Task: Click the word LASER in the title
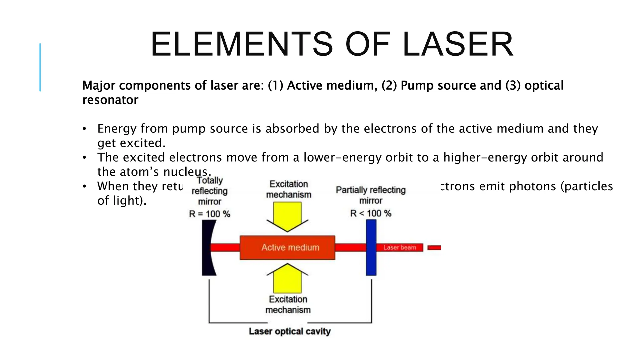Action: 458,44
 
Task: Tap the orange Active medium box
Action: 287,247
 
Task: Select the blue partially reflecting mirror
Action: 371,247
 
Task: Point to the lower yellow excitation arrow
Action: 287,278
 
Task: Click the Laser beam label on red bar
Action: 400,247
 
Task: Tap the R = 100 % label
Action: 210,214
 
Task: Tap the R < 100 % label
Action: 371,213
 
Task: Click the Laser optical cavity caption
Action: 290,331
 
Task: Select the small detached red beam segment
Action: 434,248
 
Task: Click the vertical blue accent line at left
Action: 40,67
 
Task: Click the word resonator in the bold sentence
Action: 110,100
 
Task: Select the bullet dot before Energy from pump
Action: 84,129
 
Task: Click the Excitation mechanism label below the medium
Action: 288,305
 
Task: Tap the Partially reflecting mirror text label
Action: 371,195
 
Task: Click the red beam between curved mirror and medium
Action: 225,248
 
